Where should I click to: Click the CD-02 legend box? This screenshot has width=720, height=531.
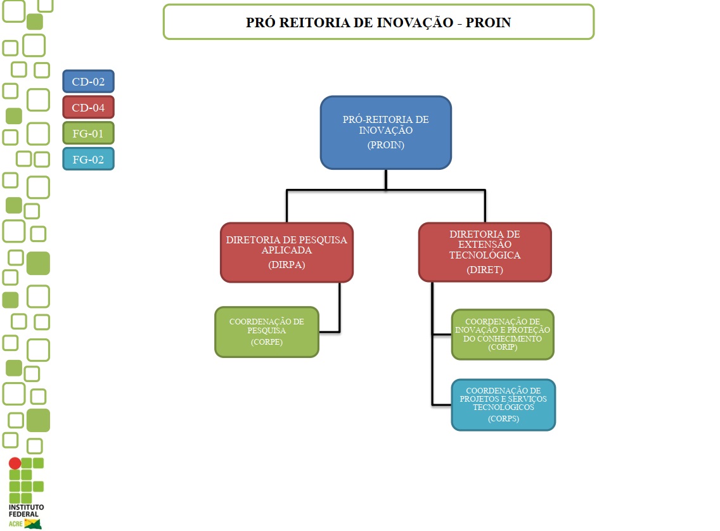pos(88,81)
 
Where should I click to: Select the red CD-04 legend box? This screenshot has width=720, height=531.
pos(88,107)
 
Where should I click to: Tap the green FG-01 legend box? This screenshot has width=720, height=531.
pos(88,134)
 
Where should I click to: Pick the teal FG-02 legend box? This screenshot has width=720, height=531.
pos(88,159)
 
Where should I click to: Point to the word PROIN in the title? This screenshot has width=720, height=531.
pos(489,23)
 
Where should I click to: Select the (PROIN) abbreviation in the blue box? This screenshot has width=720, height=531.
pos(385,145)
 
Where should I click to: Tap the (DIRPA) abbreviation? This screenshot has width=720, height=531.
pos(286,265)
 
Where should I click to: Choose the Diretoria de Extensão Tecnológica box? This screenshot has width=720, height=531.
pos(485,252)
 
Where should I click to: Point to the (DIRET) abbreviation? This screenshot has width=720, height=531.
pos(485,270)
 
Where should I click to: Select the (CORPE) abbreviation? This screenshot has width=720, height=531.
pos(266,342)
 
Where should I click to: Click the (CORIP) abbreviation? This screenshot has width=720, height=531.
pos(503,347)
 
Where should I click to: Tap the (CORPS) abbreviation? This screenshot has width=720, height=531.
pos(503,418)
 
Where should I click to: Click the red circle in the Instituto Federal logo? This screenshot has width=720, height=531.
pos(15,463)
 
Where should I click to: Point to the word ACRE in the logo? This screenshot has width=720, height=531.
pos(15,524)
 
